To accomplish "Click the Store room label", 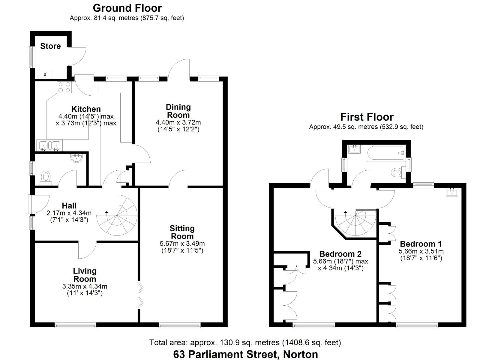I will click(x=50, y=46).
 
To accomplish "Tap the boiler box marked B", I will click(x=45, y=74).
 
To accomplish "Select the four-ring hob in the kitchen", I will click(x=64, y=87).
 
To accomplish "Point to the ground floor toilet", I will click(x=46, y=177).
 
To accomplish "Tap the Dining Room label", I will click(x=178, y=111).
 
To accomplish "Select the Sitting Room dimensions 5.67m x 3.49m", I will click(x=182, y=243).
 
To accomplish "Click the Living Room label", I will click(x=85, y=275).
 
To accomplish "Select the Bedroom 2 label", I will click(x=340, y=254).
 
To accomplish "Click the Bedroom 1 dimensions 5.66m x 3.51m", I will click(x=421, y=251).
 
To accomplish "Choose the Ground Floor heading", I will click(x=127, y=8).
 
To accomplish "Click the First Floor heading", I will click(x=367, y=117).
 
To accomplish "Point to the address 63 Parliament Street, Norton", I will click(x=245, y=354).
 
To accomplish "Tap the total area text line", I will click(x=245, y=342).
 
